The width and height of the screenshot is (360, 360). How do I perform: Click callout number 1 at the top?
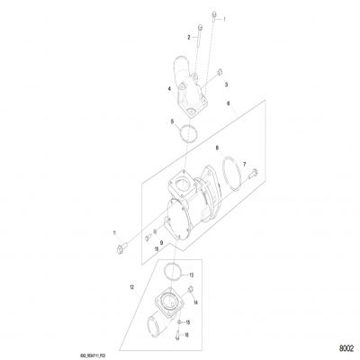click(225, 18)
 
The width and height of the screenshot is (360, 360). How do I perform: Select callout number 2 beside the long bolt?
click(189, 37)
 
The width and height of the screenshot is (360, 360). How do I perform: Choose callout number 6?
click(229, 105)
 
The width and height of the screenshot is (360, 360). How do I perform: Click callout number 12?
click(132, 287)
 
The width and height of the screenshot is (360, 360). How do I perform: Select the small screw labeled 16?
click(177, 335)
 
